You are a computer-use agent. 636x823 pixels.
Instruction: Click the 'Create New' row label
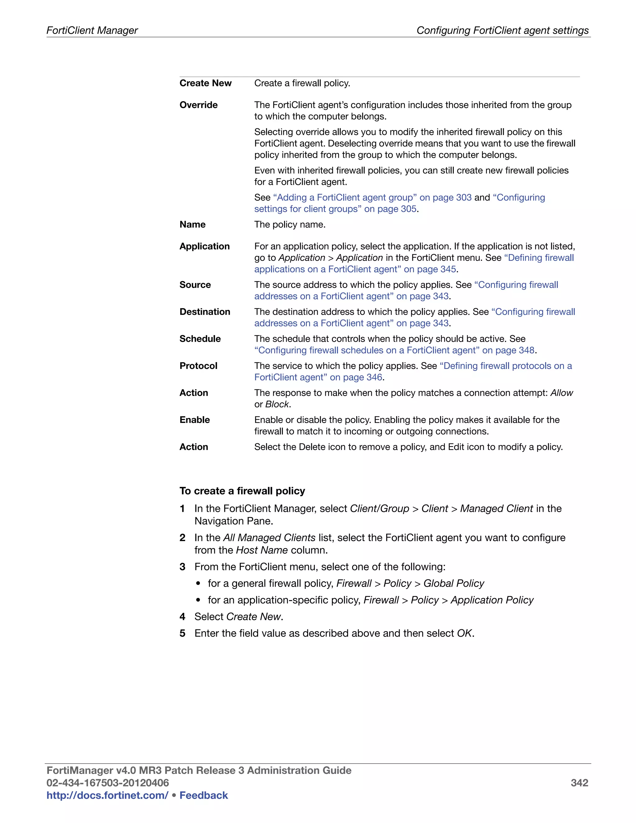[205, 83]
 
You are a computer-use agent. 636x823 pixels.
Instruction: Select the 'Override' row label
[198, 105]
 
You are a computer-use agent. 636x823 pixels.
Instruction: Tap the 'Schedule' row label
[200, 339]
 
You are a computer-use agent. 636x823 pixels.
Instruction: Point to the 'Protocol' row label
[198, 366]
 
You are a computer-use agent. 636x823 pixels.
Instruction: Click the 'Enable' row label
[194, 420]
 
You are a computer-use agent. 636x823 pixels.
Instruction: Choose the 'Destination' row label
[205, 312]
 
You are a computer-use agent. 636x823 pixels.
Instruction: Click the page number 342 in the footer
[579, 783]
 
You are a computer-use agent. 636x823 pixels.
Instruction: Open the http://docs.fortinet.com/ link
[107, 795]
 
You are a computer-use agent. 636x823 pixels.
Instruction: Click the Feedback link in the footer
[203, 795]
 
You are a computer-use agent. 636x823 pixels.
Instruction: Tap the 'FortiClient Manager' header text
[92, 30]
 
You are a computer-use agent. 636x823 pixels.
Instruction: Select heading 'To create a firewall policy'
[242, 491]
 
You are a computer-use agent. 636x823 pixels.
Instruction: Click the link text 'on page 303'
[445, 198]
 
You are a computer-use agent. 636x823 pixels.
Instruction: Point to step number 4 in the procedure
[182, 617]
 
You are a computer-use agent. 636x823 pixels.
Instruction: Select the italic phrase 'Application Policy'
[492, 600]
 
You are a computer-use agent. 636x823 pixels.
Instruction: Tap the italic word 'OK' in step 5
[464, 634]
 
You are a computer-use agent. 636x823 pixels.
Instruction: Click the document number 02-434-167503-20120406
[108, 783]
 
